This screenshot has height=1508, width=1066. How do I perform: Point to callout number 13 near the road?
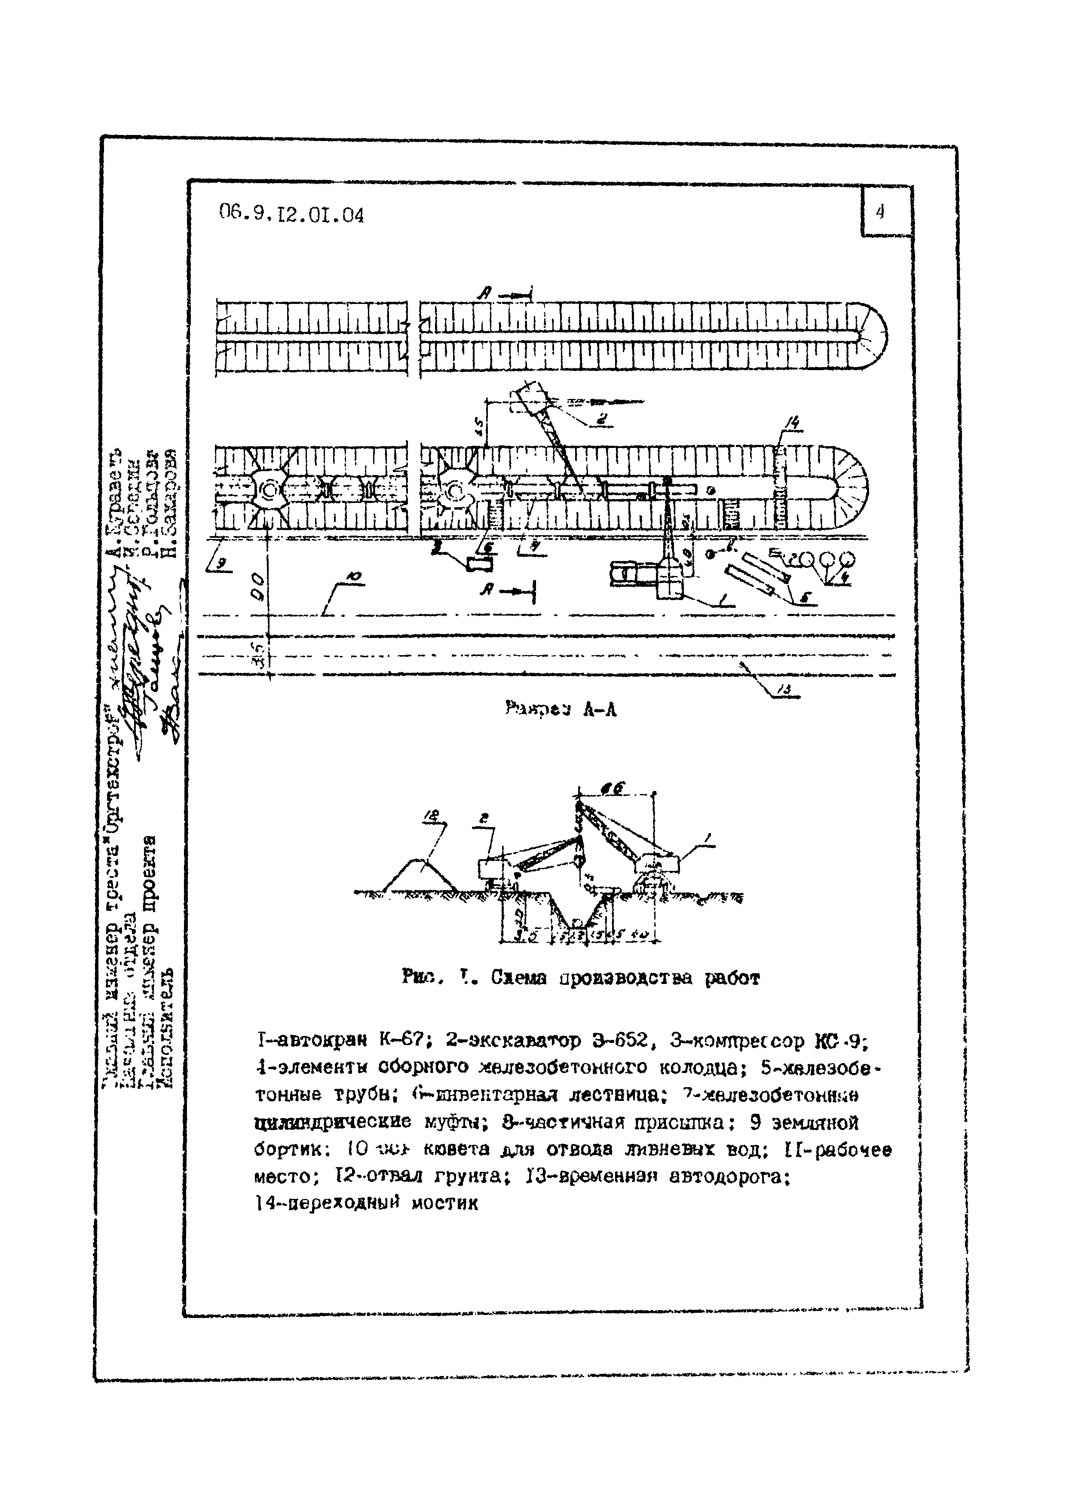[x=786, y=689]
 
